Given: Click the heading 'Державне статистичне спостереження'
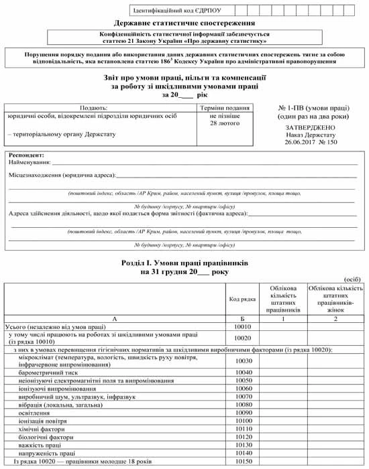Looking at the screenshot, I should (184, 23).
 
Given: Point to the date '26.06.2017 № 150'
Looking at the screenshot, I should (310, 142).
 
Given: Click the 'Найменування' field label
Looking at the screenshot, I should (30, 162).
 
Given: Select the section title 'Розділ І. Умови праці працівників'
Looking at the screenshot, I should (184, 265).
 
